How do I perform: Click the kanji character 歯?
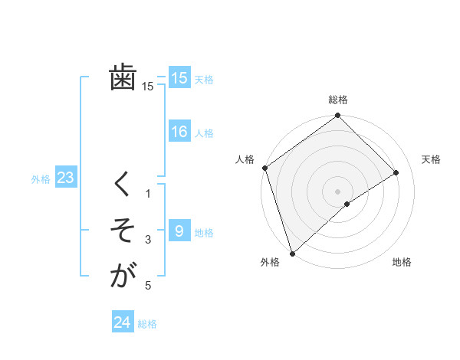coord(123,77)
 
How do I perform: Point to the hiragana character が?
coord(123,275)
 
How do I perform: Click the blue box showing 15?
coord(179,77)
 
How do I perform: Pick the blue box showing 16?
coord(179,132)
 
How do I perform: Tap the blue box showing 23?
coord(65,178)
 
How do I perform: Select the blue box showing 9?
coord(179,231)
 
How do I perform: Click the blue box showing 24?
coord(123,322)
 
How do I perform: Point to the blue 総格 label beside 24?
coord(147,324)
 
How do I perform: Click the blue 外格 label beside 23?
coord(41,179)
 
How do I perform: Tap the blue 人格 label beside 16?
coord(204,133)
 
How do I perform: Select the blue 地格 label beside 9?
coord(204,233)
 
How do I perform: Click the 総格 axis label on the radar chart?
coord(337,100)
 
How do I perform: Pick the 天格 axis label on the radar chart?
coord(431,159)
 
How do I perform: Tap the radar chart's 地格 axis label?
coord(402,262)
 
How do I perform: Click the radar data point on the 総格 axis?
coord(337,116)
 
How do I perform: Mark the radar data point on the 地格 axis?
coord(347,204)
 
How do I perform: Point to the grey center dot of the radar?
coord(337,190)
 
